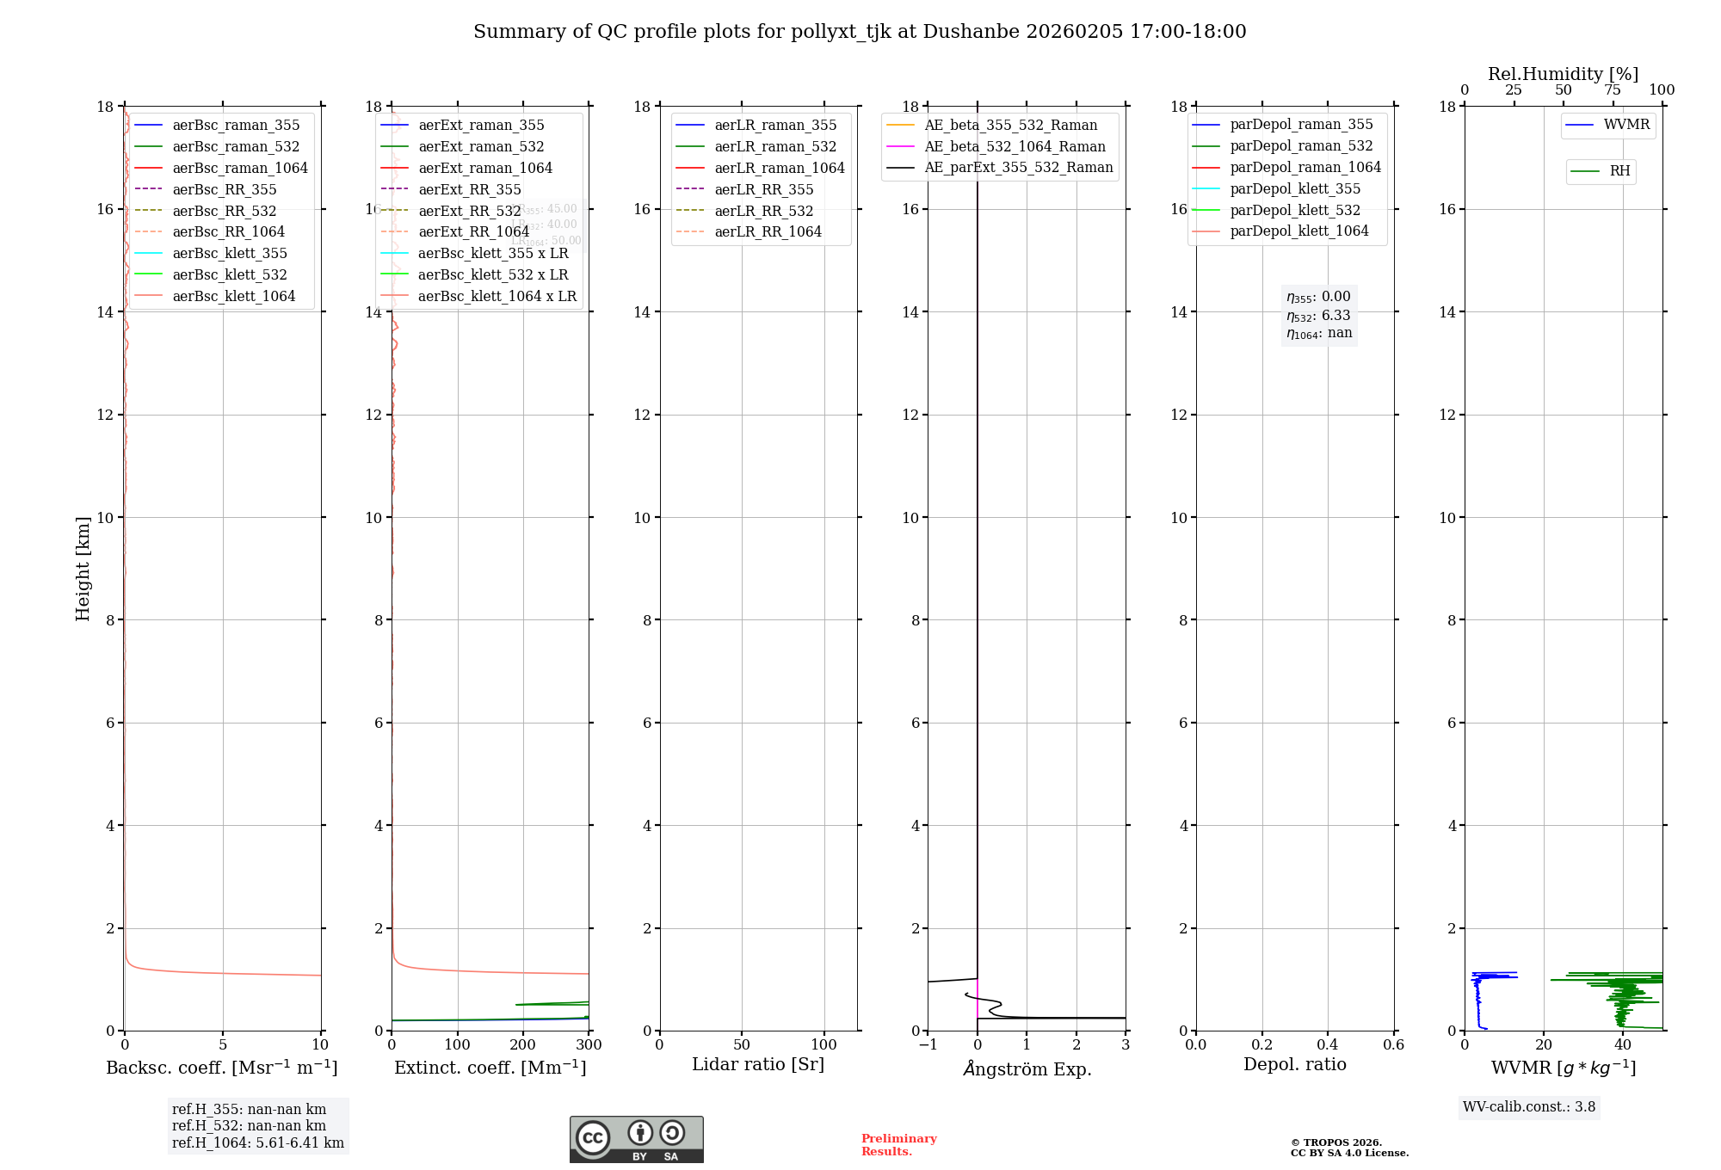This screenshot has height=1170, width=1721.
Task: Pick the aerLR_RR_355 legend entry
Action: [x=763, y=189]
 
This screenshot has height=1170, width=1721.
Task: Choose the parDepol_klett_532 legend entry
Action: [x=1295, y=210]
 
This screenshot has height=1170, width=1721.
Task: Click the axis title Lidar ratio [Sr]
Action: [x=758, y=1064]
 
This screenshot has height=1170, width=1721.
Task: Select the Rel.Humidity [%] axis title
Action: [x=1563, y=74]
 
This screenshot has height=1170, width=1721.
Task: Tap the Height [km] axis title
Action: [x=83, y=569]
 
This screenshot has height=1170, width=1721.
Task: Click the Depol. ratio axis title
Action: [x=1294, y=1064]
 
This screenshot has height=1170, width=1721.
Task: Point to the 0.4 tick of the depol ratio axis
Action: [x=1328, y=1044]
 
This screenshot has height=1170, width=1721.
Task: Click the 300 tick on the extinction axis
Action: [x=589, y=1044]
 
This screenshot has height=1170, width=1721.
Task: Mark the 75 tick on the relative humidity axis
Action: [x=1613, y=90]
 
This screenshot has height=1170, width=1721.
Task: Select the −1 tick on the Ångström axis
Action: [x=928, y=1044]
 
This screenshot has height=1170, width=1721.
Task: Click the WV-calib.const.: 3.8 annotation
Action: [x=1529, y=1107]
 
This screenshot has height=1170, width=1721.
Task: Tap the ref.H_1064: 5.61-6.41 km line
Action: [x=257, y=1143]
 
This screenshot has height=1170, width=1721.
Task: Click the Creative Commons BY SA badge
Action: [x=636, y=1139]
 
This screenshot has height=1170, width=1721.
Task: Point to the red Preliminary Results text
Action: [x=898, y=1145]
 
